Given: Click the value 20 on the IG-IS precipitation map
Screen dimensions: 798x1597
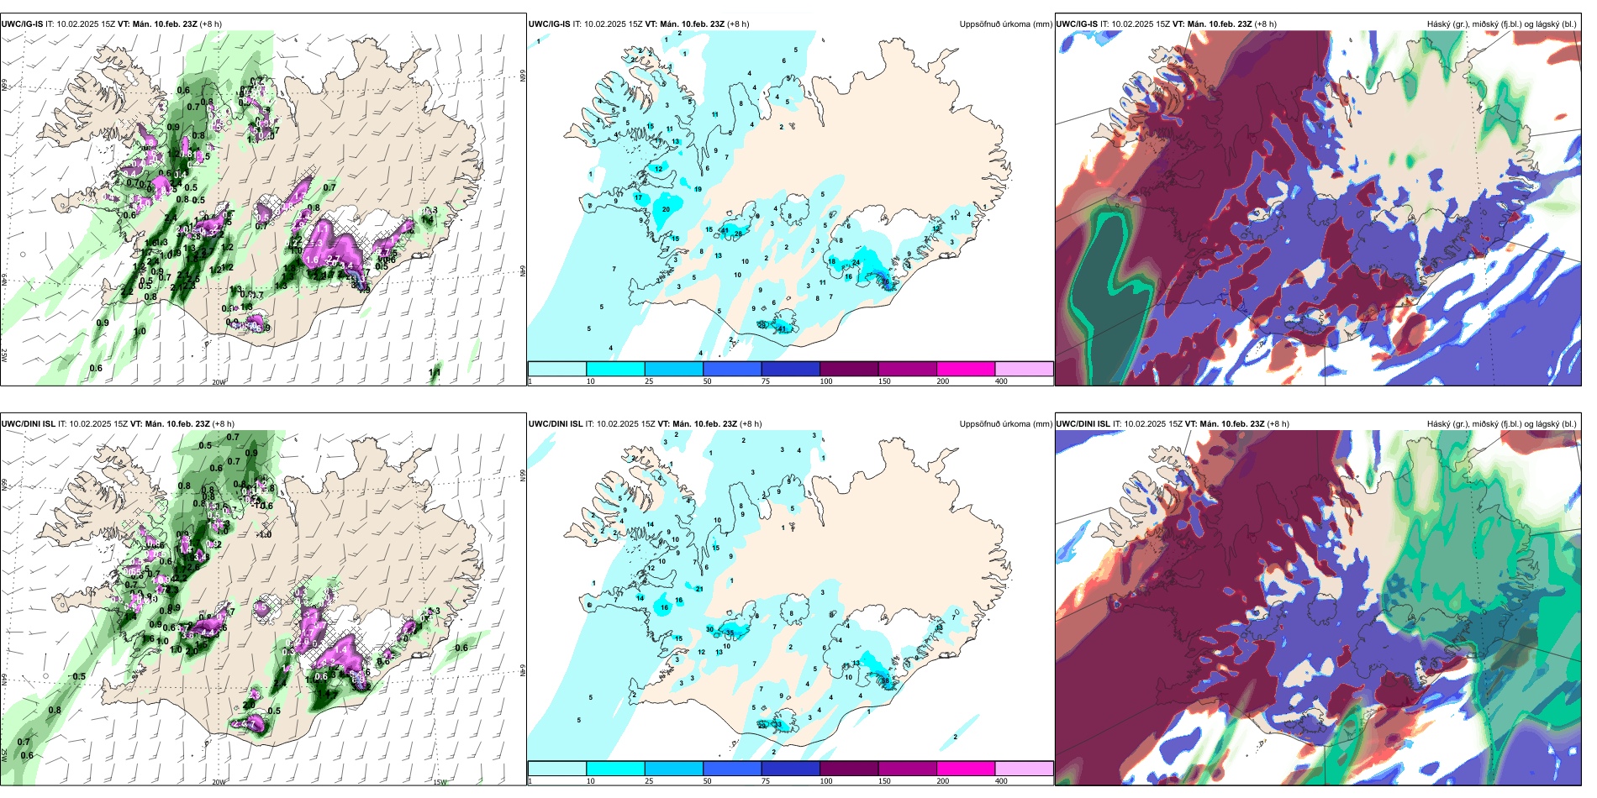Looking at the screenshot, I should click(x=667, y=209).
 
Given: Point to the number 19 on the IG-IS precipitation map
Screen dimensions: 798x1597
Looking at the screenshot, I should click(x=698, y=190).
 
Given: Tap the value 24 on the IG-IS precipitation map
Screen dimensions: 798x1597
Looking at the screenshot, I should click(x=856, y=263).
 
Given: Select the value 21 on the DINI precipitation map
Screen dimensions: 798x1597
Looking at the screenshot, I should click(x=699, y=590).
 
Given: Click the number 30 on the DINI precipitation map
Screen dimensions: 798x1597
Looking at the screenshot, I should click(x=710, y=629).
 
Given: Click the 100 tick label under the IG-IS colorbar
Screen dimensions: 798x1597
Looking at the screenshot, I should click(x=826, y=381).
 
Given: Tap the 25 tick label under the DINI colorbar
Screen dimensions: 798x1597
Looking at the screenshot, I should click(x=649, y=781).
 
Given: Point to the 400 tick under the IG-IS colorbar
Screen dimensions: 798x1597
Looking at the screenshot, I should click(x=1001, y=381).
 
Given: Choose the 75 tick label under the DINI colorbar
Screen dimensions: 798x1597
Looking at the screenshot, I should click(x=766, y=781).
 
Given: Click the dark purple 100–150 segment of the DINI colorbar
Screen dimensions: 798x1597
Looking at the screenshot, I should click(x=849, y=769).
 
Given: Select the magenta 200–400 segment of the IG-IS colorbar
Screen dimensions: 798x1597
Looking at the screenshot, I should click(x=966, y=369).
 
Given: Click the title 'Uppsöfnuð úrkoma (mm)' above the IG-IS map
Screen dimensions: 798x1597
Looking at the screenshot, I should click(x=1005, y=24).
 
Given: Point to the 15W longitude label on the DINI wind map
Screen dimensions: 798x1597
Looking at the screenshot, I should click(x=439, y=782).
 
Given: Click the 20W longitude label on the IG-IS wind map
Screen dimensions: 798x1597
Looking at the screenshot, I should click(x=219, y=382).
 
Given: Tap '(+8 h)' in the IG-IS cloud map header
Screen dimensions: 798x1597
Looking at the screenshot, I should click(x=1265, y=24).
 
